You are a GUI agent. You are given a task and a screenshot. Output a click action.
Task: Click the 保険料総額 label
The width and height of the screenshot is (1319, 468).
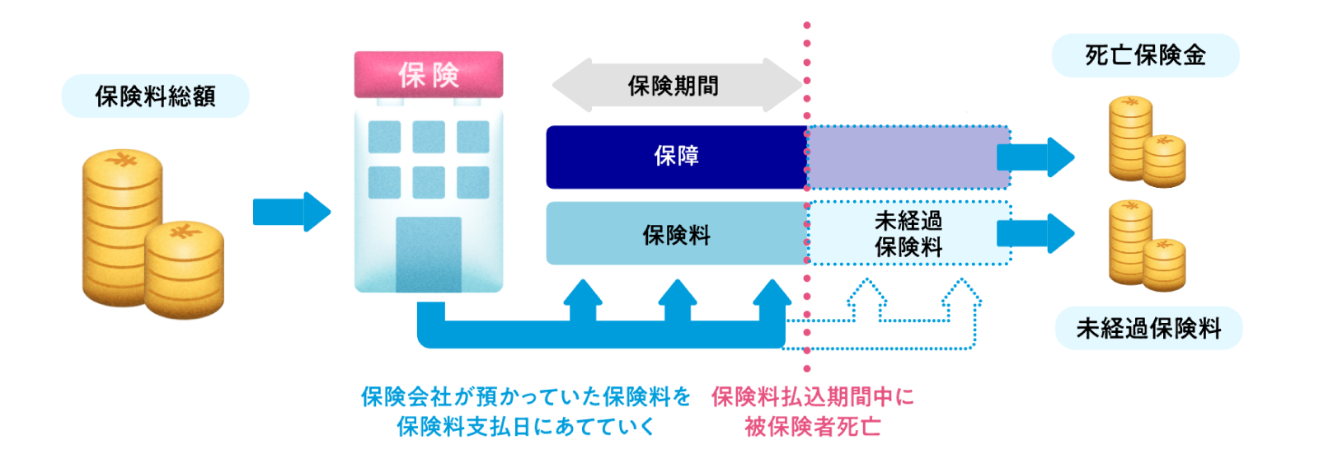point(155,96)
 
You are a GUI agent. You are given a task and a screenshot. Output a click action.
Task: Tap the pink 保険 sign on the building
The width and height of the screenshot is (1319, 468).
point(429,74)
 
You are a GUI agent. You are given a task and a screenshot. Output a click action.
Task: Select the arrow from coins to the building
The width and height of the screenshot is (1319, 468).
point(291,212)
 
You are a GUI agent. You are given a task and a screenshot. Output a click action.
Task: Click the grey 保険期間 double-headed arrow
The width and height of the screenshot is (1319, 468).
point(676,85)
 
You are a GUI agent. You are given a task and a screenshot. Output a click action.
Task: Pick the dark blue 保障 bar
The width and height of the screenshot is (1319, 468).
point(676,157)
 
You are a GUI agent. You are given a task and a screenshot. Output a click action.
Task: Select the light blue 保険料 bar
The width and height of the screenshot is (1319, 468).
point(676,234)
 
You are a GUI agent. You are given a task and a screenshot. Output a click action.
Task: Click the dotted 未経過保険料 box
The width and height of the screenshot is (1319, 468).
point(908,234)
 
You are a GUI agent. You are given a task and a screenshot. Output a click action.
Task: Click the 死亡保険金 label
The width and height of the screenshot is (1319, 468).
point(1145,55)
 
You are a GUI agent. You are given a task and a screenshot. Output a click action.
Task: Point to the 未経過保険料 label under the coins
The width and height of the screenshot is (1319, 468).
point(1148,329)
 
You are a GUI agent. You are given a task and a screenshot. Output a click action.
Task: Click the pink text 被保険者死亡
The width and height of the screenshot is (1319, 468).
point(813,427)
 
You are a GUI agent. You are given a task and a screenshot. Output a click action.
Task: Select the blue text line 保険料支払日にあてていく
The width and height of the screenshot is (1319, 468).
point(526,427)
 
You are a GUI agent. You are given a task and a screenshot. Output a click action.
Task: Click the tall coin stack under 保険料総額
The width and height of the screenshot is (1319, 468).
point(122,227)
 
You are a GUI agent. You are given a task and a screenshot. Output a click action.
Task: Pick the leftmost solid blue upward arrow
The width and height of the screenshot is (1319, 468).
point(584,301)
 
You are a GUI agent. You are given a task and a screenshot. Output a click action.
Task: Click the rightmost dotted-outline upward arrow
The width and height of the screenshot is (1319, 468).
point(961,301)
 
